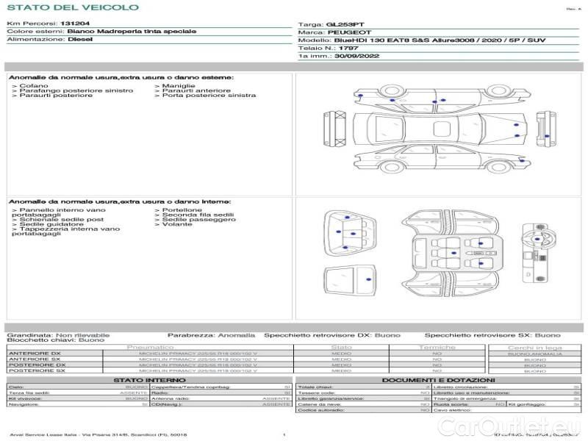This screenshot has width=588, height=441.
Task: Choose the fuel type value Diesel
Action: click(79, 40)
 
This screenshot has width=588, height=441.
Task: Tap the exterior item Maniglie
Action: click(178, 85)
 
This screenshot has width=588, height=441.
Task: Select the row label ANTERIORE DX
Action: click(35, 354)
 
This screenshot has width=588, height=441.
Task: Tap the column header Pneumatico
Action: click(151, 347)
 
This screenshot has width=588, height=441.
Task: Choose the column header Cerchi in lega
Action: click(535, 347)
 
